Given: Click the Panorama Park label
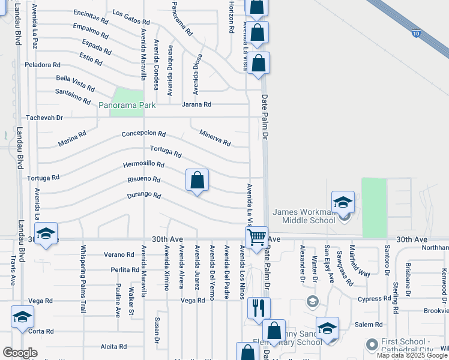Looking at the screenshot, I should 127,105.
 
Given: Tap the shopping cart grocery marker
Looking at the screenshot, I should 256,238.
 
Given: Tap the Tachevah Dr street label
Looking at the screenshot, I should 43,118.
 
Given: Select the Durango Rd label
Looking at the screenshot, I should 144,195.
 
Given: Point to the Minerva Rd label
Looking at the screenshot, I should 215,139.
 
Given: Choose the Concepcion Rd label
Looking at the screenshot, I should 143,133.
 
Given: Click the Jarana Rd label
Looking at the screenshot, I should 196,104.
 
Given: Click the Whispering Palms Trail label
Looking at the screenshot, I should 83,279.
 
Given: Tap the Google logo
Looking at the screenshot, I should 20,353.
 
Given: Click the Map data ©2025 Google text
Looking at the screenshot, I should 412,356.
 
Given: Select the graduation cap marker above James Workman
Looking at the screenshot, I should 343,203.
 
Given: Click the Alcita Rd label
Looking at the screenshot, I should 113,346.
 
